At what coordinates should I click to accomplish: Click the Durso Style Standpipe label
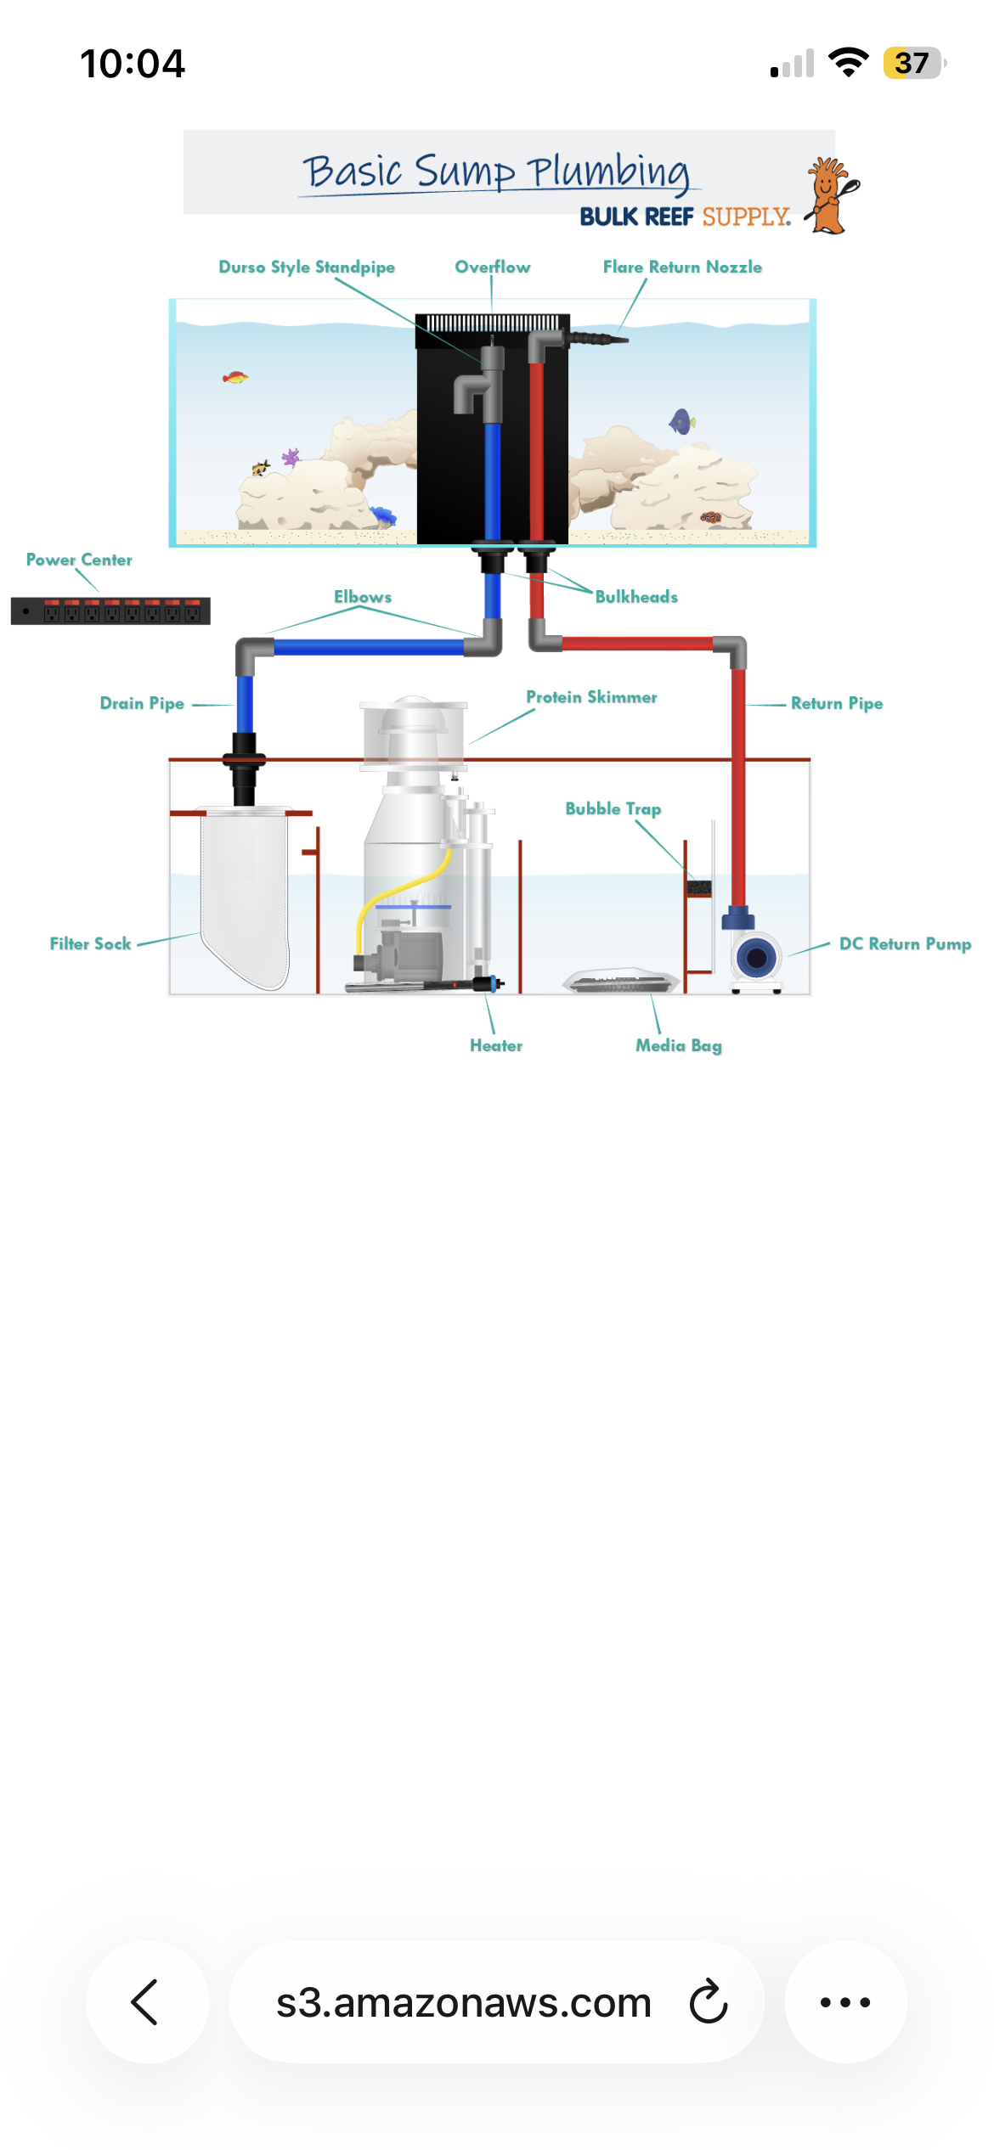(307, 267)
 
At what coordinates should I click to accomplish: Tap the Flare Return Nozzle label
(682, 267)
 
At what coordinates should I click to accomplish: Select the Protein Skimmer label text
(591, 697)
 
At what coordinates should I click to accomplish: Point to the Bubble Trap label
(613, 809)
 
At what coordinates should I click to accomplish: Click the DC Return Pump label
(905, 944)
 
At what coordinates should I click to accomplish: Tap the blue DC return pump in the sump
(755, 959)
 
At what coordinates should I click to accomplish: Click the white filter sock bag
(245, 892)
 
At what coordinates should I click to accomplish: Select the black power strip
(110, 611)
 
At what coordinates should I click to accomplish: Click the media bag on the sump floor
(621, 981)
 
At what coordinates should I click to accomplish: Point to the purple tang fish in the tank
(681, 421)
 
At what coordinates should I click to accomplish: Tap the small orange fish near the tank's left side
(234, 377)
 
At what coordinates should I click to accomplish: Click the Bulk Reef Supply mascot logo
(831, 196)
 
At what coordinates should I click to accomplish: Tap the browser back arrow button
(147, 2002)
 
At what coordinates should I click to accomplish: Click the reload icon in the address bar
(709, 2002)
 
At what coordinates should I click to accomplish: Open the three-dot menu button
(845, 2002)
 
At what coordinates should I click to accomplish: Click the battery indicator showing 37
(912, 63)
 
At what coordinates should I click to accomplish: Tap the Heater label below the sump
(496, 1046)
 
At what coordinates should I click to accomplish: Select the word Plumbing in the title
(608, 172)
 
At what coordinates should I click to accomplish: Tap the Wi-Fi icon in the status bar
(847, 62)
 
